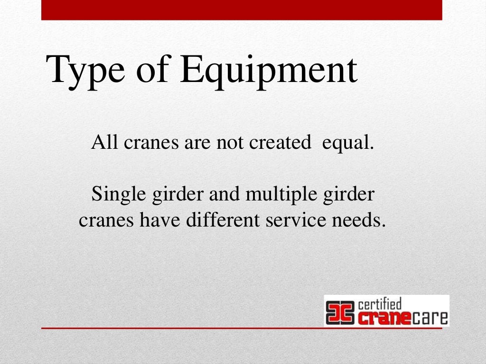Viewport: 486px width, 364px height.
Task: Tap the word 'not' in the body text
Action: [x=230, y=143]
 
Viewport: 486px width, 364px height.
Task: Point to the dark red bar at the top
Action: [x=242, y=10]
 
